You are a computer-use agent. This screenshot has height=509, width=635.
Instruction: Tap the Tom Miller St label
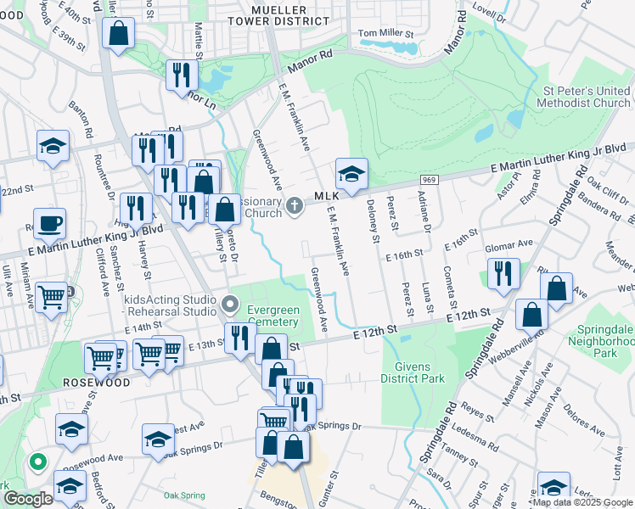(385, 33)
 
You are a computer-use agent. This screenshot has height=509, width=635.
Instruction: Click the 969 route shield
(430, 180)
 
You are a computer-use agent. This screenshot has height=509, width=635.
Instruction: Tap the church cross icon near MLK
(294, 206)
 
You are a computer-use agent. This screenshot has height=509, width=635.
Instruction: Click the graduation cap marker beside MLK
(351, 174)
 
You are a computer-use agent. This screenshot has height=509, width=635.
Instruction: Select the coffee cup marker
(49, 224)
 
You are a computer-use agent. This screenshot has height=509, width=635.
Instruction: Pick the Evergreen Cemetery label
(273, 316)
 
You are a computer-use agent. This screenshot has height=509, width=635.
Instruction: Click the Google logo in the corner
(28, 499)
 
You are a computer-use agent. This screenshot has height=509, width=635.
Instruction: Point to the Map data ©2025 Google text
(582, 502)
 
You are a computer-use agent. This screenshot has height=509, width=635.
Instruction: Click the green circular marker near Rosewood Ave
(37, 462)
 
